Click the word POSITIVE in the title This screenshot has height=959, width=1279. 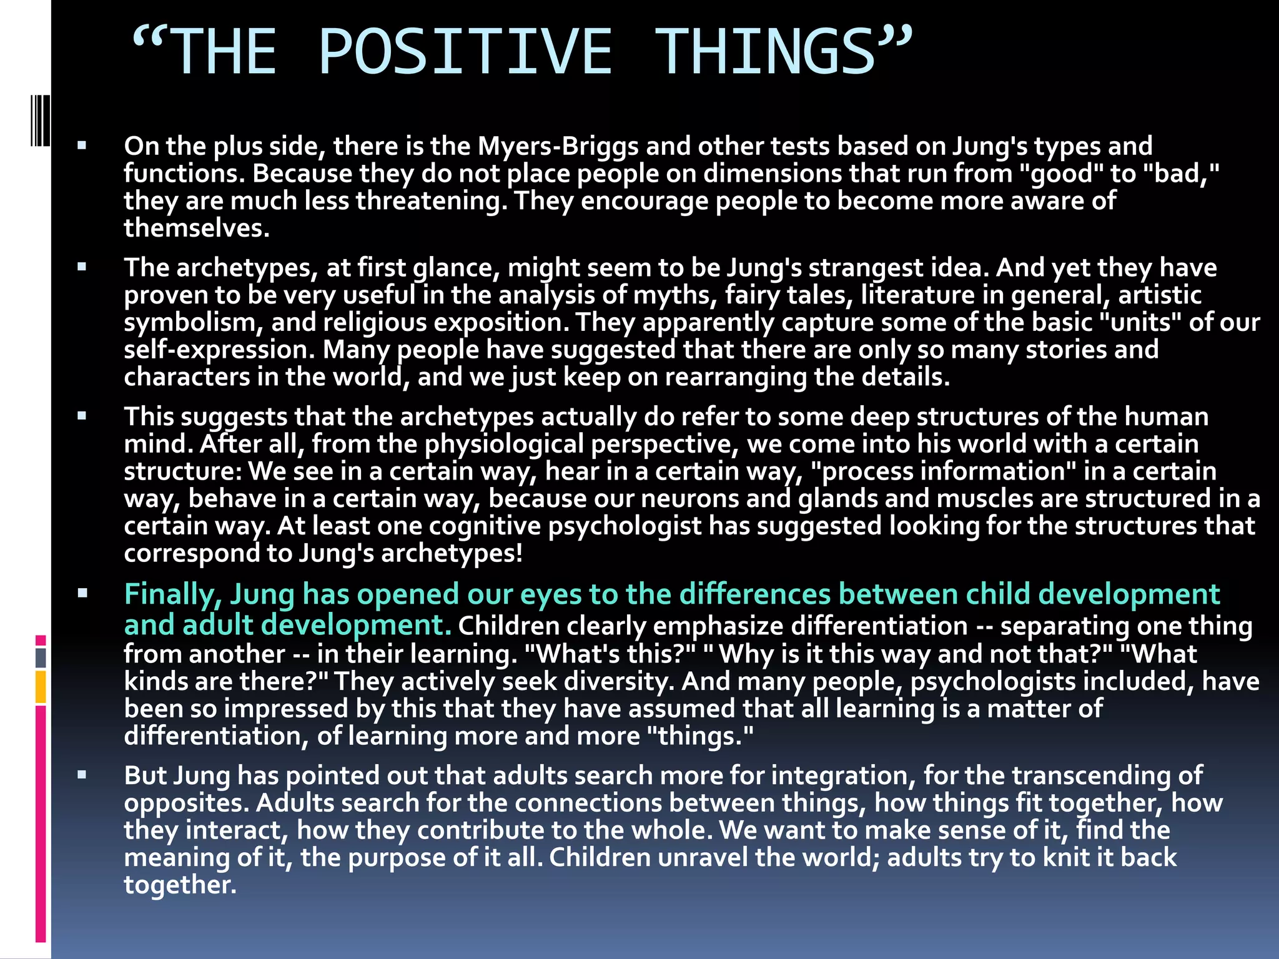tap(465, 52)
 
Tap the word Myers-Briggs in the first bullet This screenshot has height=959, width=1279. tap(558, 147)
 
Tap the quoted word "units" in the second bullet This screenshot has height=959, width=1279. tap(1139, 323)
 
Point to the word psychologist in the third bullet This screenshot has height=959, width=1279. tap(625, 526)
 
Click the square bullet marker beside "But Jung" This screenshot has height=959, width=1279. tap(82, 775)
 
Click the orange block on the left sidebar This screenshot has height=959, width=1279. tap(41, 687)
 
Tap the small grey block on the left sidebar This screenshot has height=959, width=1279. tap(41, 657)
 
